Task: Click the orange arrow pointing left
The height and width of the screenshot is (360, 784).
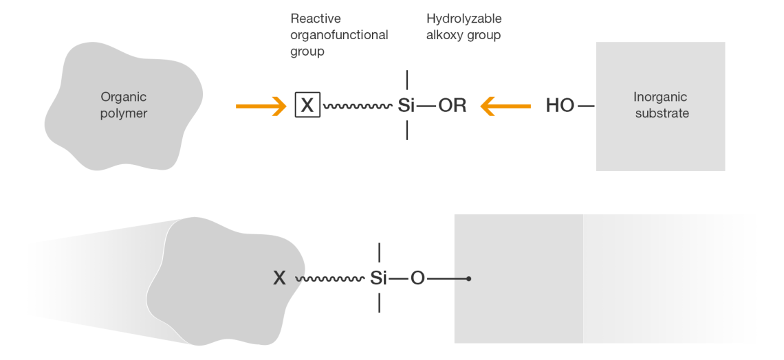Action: (x=505, y=106)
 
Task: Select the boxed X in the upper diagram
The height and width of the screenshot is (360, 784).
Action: (x=307, y=106)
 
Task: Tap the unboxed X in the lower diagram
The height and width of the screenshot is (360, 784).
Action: (x=279, y=278)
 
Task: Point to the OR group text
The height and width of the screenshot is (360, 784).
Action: (x=452, y=106)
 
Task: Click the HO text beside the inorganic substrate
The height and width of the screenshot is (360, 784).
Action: (x=560, y=106)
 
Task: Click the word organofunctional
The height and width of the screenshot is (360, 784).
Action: (x=339, y=34)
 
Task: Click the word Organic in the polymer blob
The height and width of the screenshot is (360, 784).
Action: (x=124, y=97)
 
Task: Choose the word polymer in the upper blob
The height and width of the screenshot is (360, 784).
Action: (x=124, y=113)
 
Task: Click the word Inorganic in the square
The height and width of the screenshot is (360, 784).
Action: (x=660, y=97)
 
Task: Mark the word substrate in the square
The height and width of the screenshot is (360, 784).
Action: (x=662, y=113)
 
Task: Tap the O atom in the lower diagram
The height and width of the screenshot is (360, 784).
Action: (x=417, y=278)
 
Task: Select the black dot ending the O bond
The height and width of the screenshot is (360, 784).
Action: (x=468, y=279)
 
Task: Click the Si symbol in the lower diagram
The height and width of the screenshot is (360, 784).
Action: (x=378, y=278)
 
